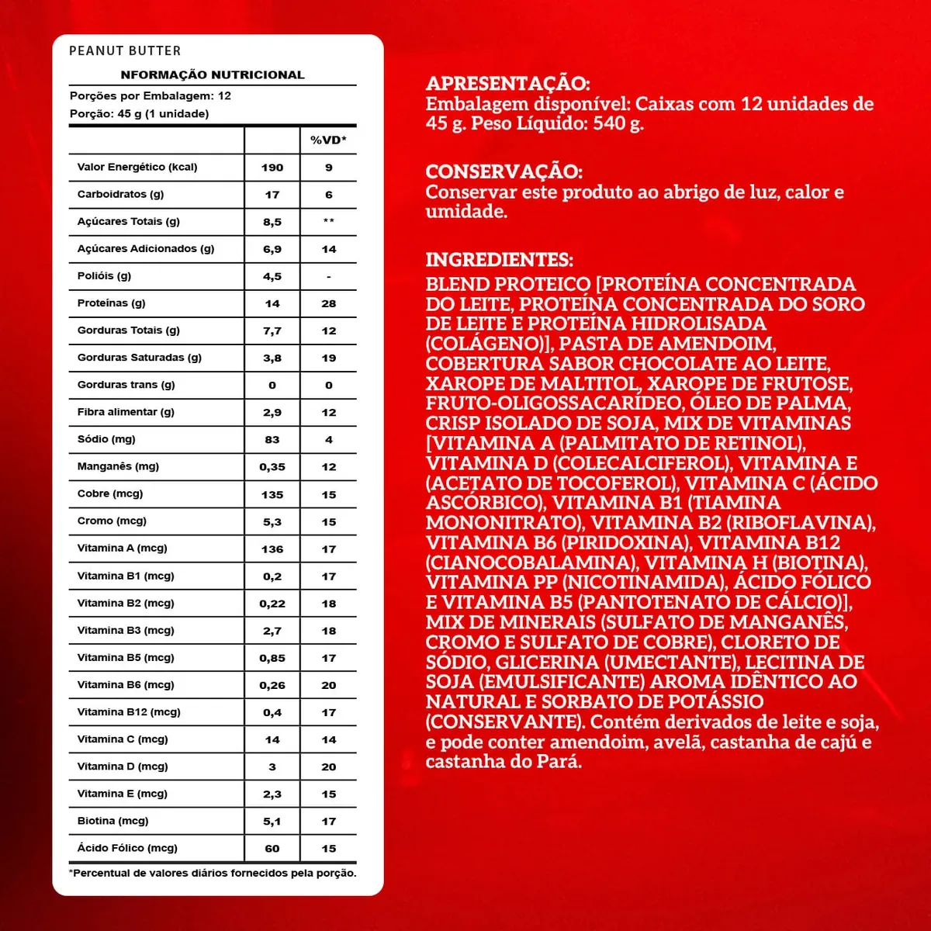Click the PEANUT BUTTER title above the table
point(125,51)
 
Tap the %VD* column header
point(328,140)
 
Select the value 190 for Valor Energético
point(272,168)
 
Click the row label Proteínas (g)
point(111,303)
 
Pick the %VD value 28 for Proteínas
point(328,303)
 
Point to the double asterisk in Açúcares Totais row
point(328,222)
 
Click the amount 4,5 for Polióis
point(272,276)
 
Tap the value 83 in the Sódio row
point(272,440)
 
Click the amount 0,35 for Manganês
point(272,467)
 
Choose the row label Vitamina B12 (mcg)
point(129,712)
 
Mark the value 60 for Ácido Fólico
point(272,849)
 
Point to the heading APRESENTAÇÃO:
point(507,84)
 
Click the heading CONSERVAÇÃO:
point(504,171)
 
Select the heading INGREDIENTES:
point(499,260)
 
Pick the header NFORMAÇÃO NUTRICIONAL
point(213,75)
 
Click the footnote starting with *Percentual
point(213,874)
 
